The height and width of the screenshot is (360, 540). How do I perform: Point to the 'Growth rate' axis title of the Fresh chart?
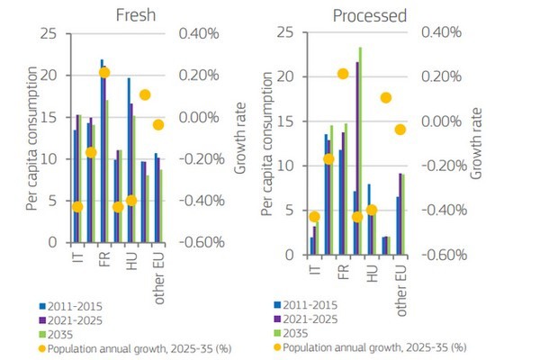241,139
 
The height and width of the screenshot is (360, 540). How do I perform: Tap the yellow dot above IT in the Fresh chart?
77,207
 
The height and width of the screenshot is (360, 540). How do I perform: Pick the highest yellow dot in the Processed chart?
342,74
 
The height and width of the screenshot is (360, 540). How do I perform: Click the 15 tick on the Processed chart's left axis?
286,121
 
